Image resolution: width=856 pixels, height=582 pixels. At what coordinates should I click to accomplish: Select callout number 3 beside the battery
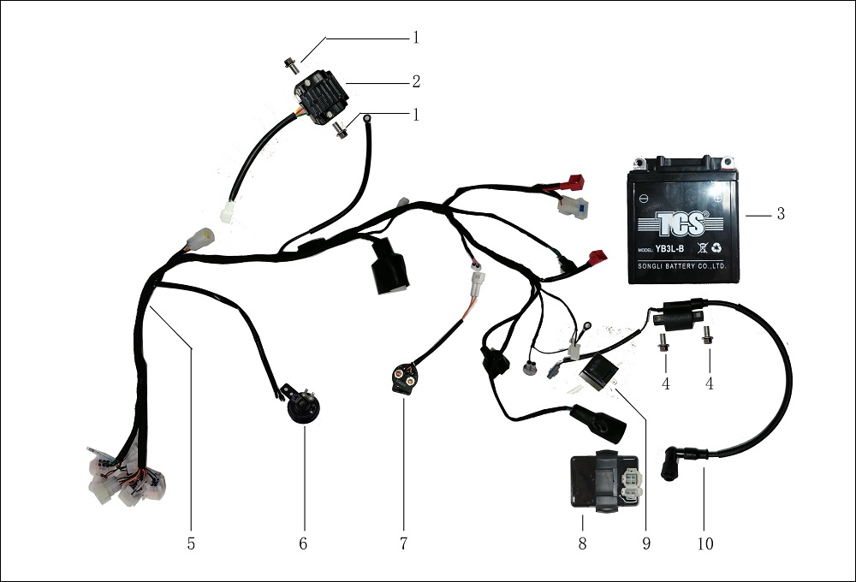780,214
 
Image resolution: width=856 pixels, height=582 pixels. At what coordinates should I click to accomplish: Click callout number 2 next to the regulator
416,82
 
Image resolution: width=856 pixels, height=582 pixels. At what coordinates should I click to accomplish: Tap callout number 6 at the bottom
303,543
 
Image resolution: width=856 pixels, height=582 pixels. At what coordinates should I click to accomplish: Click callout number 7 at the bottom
403,543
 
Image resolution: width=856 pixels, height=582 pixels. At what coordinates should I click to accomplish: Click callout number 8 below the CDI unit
582,543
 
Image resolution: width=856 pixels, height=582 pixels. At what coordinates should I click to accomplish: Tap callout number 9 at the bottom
646,543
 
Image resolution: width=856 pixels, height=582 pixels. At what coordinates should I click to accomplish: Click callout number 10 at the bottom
705,543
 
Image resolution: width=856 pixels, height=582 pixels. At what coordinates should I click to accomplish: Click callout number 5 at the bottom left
192,543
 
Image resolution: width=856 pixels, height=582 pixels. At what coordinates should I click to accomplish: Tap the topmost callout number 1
416,38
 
